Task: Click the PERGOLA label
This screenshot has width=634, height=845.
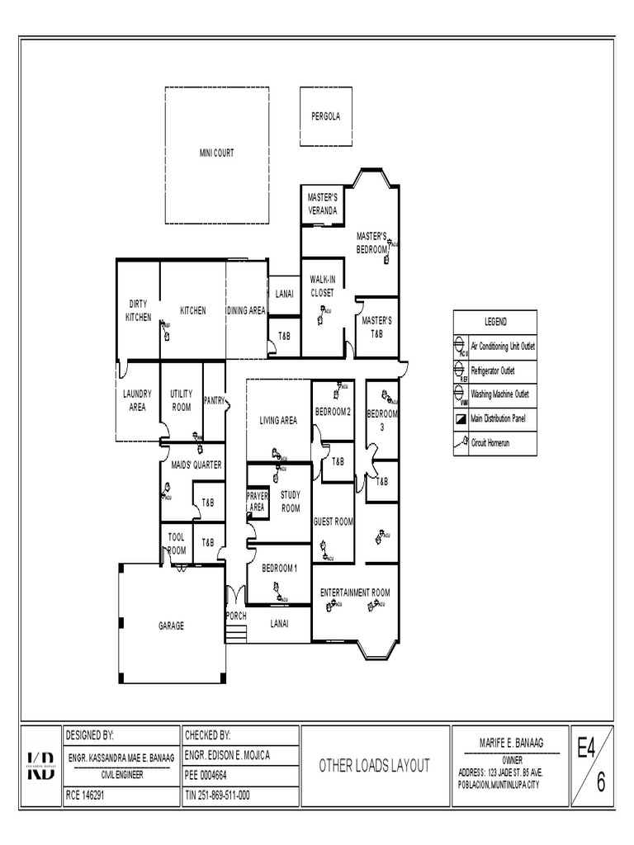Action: [325, 116]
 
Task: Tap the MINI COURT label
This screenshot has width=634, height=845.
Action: [216, 153]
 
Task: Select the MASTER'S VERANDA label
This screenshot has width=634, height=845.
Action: [322, 204]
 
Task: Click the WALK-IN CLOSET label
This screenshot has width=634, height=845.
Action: [322, 286]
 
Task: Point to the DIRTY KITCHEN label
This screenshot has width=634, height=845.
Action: [138, 311]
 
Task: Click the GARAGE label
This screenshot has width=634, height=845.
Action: [171, 625]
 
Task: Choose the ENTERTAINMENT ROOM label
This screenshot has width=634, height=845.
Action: [355, 592]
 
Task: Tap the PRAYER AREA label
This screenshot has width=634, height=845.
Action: [258, 502]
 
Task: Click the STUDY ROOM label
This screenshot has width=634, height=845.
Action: [291, 502]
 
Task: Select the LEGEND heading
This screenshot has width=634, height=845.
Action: [495, 322]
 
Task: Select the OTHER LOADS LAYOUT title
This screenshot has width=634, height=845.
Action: [375, 766]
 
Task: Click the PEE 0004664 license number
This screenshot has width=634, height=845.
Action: [206, 776]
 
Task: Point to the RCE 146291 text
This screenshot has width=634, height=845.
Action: [85, 796]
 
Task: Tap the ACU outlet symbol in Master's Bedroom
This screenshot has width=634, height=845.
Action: [390, 243]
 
